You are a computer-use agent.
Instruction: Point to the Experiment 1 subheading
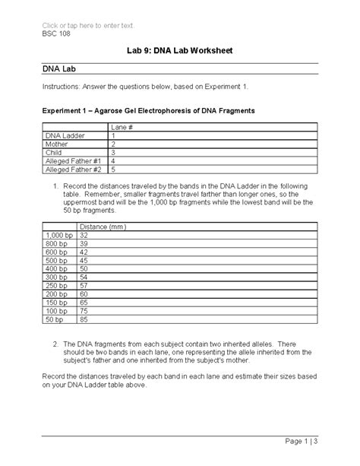coord(148,111)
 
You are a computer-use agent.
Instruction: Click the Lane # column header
coord(122,126)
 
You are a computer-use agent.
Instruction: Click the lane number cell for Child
coord(112,153)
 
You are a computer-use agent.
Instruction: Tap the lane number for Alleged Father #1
coord(112,162)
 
